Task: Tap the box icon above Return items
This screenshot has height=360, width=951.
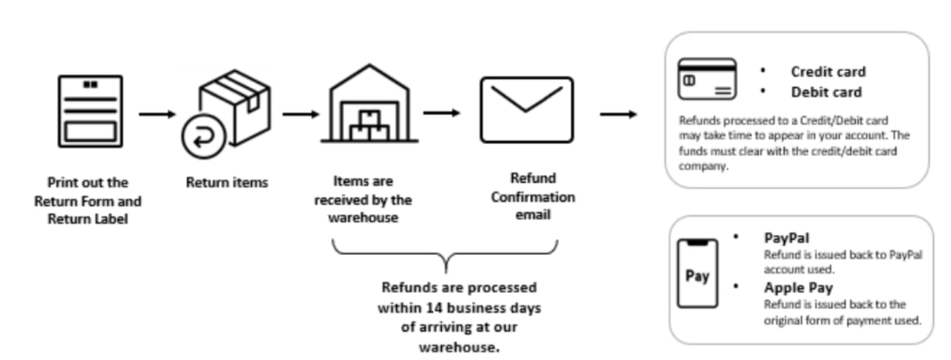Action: pos(234,108)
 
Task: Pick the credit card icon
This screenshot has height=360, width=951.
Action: pos(707,80)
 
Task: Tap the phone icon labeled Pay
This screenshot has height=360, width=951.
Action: pos(698,273)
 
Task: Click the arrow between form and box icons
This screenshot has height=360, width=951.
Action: pos(157,115)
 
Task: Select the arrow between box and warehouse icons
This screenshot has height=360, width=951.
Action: pos(300,115)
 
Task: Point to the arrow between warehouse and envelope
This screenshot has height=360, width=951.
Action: pos(441,113)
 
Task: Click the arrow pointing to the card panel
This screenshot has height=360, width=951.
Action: pos(618,115)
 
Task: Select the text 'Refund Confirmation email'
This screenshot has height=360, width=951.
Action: pos(532,197)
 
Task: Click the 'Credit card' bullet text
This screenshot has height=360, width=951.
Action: pos(828,72)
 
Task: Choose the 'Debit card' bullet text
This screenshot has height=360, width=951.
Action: pos(826,92)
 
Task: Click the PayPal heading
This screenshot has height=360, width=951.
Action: pos(786,238)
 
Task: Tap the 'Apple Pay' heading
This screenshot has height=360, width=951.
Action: pos(798,288)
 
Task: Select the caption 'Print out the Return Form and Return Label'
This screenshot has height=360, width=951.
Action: pos(88,200)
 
